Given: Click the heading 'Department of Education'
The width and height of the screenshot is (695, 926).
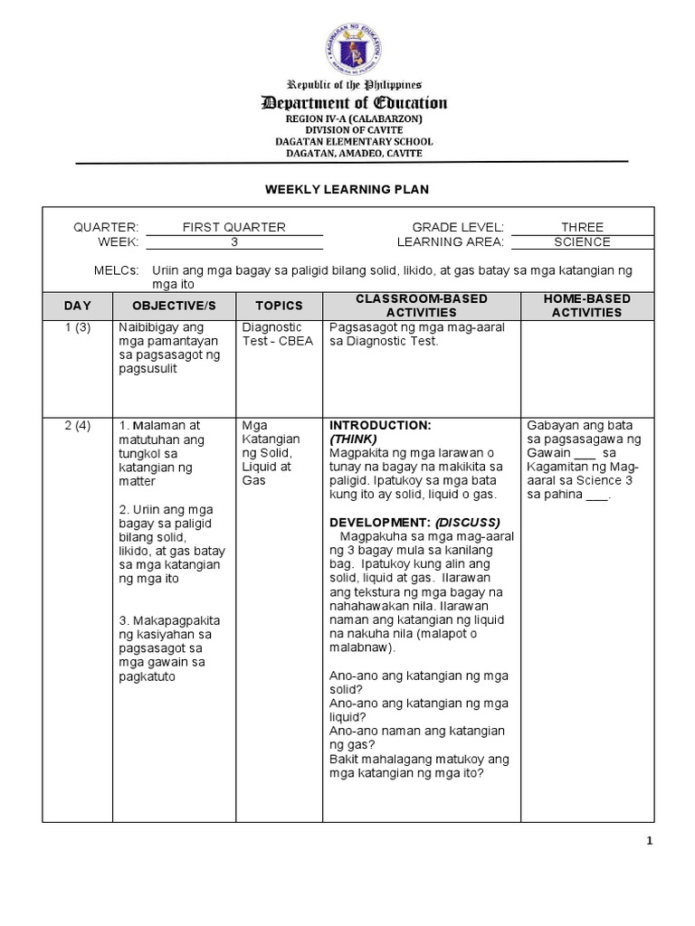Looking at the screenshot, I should click(x=354, y=103).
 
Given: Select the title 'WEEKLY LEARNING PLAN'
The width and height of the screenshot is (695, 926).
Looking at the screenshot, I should click(x=346, y=189).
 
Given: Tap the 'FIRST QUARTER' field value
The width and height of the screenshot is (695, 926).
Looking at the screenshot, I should click(x=233, y=227).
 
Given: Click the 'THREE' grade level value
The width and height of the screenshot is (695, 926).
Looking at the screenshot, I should click(x=582, y=227).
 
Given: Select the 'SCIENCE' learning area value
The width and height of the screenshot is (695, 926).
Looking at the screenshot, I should click(x=582, y=242).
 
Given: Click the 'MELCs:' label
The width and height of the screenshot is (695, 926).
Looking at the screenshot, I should click(x=117, y=270).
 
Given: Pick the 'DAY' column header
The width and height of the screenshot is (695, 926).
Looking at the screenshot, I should click(x=77, y=306).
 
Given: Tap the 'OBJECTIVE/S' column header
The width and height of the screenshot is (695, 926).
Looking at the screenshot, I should click(x=174, y=306).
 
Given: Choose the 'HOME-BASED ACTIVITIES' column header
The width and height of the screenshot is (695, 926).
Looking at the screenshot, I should click(x=587, y=306).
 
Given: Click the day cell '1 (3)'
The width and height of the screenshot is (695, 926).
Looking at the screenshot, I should click(x=77, y=327).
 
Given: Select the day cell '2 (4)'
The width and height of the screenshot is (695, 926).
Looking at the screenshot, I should click(x=77, y=425).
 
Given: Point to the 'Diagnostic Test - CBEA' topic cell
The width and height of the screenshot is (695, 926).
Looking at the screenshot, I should click(x=272, y=334).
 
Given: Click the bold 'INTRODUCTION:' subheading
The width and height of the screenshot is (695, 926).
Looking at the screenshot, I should click(x=380, y=425).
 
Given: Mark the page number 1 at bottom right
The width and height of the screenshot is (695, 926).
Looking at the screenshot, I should click(x=649, y=841).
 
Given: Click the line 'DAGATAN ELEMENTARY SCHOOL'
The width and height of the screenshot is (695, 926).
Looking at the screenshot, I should click(x=354, y=142).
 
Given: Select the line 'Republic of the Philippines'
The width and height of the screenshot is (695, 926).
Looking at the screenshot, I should click(x=354, y=84).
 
